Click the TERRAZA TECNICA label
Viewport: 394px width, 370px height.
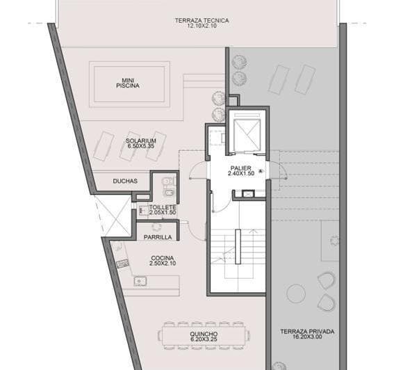[x=202, y=21]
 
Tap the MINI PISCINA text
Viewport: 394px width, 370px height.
[x=128, y=82]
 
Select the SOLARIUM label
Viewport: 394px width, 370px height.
[x=141, y=140]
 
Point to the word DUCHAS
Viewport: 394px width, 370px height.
[x=125, y=182]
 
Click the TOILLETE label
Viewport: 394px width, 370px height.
[x=163, y=207]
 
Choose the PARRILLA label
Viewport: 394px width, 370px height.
[x=157, y=237]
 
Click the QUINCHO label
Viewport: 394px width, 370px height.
[x=202, y=335]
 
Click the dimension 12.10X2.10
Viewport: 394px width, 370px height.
[x=202, y=27]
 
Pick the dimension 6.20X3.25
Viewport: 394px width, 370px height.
[x=202, y=341]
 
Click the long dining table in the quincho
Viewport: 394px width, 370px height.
[x=202, y=334]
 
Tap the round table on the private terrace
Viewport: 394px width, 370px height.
[x=297, y=292]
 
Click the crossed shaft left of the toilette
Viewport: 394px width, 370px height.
[x=113, y=215]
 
